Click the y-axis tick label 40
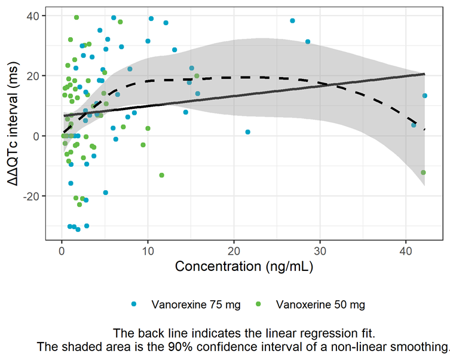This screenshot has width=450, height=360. pos(33,16)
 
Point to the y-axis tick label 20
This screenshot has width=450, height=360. pos(33,76)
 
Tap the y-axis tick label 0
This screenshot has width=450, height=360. pos(36,136)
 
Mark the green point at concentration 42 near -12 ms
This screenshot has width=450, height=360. pos(423,172)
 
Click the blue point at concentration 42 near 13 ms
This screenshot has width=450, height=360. pos(424,96)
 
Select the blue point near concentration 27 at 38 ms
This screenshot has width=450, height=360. pos(292,21)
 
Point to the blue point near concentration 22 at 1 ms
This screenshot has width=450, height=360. pos(247,132)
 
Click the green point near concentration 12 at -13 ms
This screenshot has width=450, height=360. pos(161,175)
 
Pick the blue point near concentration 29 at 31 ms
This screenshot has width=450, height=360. pos(308,42)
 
